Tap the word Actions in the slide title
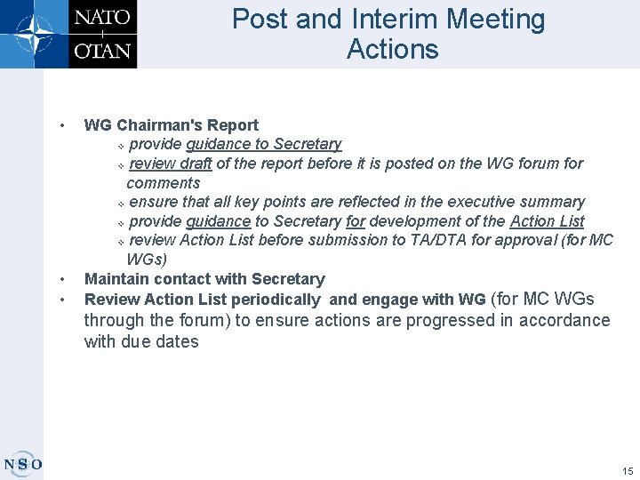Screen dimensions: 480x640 [393, 49]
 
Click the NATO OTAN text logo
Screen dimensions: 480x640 [102, 34]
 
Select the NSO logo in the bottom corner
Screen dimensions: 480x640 [22, 463]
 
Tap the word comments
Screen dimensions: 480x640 [164, 183]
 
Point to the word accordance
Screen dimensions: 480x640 [558, 320]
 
